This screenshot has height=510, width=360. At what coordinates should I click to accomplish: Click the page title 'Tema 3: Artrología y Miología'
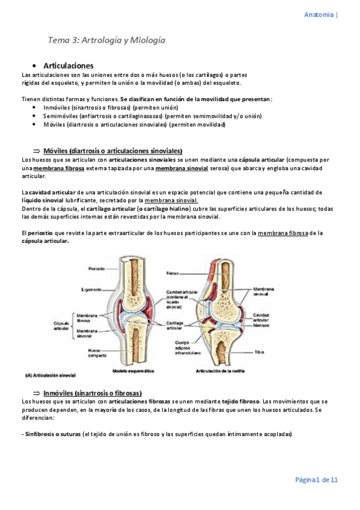106,40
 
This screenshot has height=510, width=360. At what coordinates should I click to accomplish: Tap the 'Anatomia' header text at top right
320,14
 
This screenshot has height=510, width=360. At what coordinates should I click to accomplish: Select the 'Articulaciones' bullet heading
68,66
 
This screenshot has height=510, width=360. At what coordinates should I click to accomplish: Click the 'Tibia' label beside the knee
258,350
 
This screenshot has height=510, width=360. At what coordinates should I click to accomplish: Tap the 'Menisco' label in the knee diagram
261,325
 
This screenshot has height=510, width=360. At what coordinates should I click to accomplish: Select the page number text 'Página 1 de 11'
316,479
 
